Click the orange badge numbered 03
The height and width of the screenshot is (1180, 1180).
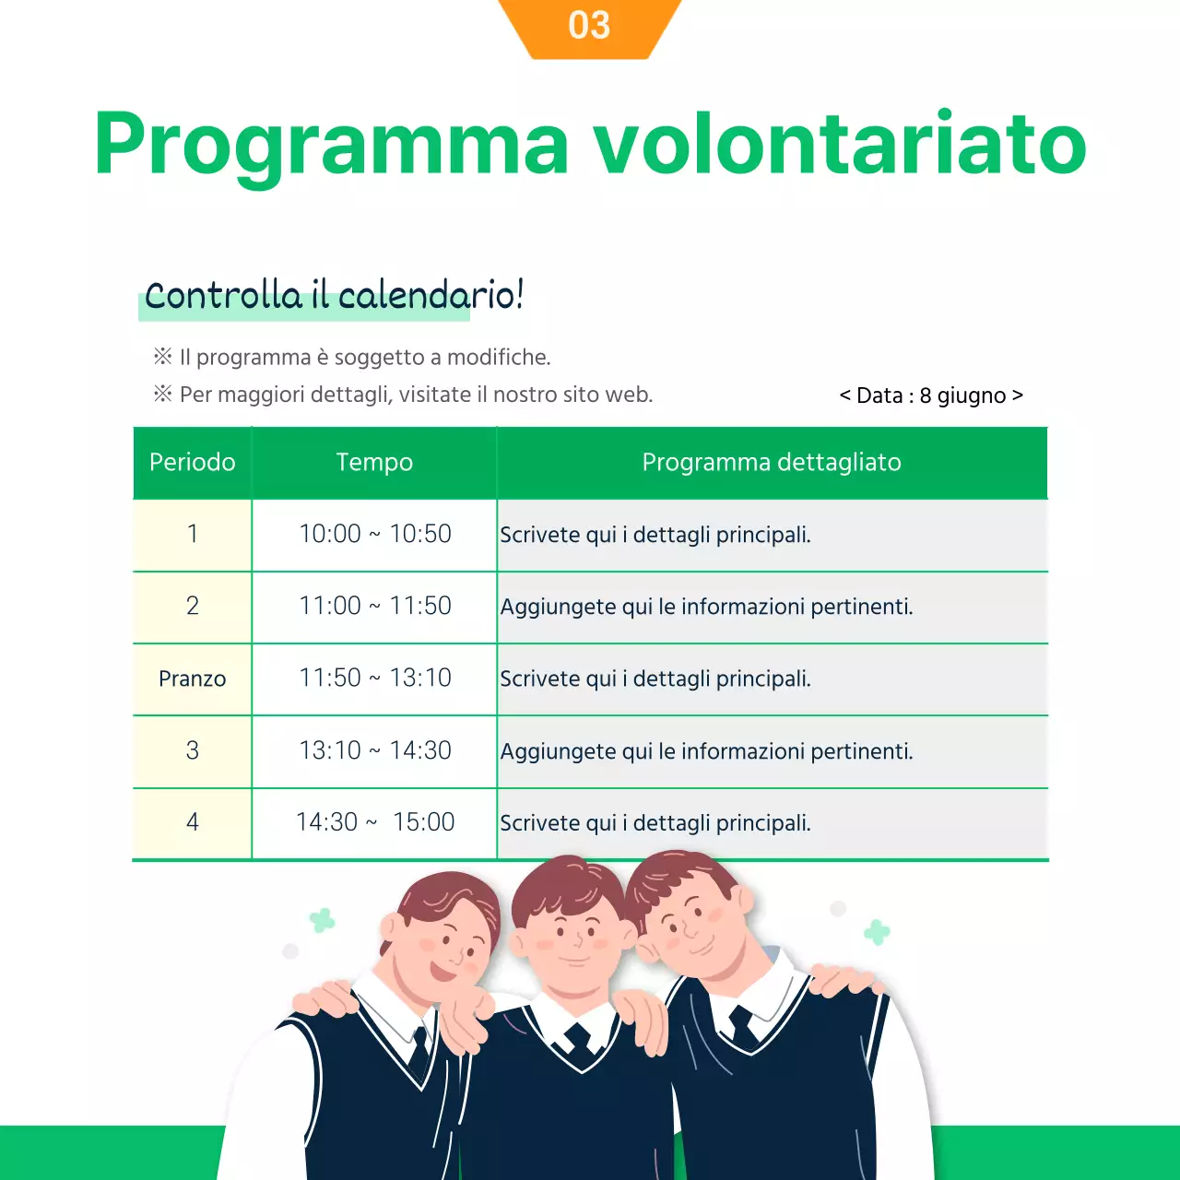(x=589, y=26)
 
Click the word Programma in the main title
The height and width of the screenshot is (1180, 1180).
(x=332, y=144)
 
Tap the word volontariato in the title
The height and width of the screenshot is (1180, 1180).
(x=839, y=144)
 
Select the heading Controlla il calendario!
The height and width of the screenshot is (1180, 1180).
(x=334, y=296)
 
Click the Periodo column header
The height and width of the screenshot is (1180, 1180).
(x=192, y=462)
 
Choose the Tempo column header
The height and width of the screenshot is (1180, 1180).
(x=374, y=462)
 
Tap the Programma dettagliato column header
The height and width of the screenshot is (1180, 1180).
(x=772, y=462)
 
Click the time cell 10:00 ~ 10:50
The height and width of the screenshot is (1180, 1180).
(x=374, y=534)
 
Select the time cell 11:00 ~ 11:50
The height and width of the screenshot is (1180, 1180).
(x=374, y=606)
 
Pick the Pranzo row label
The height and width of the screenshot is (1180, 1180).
(x=192, y=678)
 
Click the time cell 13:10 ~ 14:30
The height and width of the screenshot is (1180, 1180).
(x=374, y=750)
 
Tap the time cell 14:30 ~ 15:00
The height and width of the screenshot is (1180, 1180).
(x=374, y=821)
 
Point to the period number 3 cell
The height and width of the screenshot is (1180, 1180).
(x=192, y=750)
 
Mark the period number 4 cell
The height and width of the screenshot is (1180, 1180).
(x=192, y=821)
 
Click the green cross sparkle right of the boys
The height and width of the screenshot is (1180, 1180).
(x=877, y=932)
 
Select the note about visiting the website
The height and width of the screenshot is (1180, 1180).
(x=415, y=395)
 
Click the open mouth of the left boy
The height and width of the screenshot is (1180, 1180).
(x=443, y=972)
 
